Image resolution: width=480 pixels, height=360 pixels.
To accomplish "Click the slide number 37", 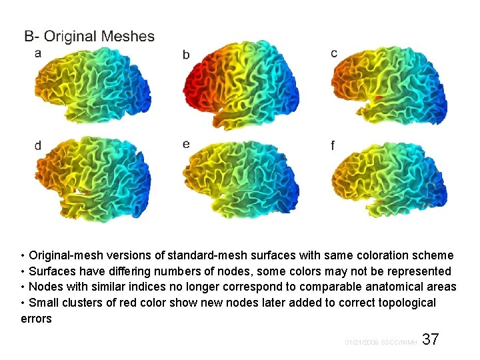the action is coord(431,339).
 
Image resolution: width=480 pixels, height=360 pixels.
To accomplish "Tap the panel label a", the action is coord(38,53).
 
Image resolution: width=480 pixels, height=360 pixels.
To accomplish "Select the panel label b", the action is coord(186,55).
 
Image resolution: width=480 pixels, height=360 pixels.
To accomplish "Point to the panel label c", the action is coord(333,53).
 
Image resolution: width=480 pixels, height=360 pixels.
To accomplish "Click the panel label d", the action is coord(38,145).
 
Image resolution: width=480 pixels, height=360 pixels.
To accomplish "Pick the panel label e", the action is coord(186,144).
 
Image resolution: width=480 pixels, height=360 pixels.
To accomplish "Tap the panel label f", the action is coord(333,145).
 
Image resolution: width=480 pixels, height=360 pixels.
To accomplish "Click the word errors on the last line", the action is coord(36,319).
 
